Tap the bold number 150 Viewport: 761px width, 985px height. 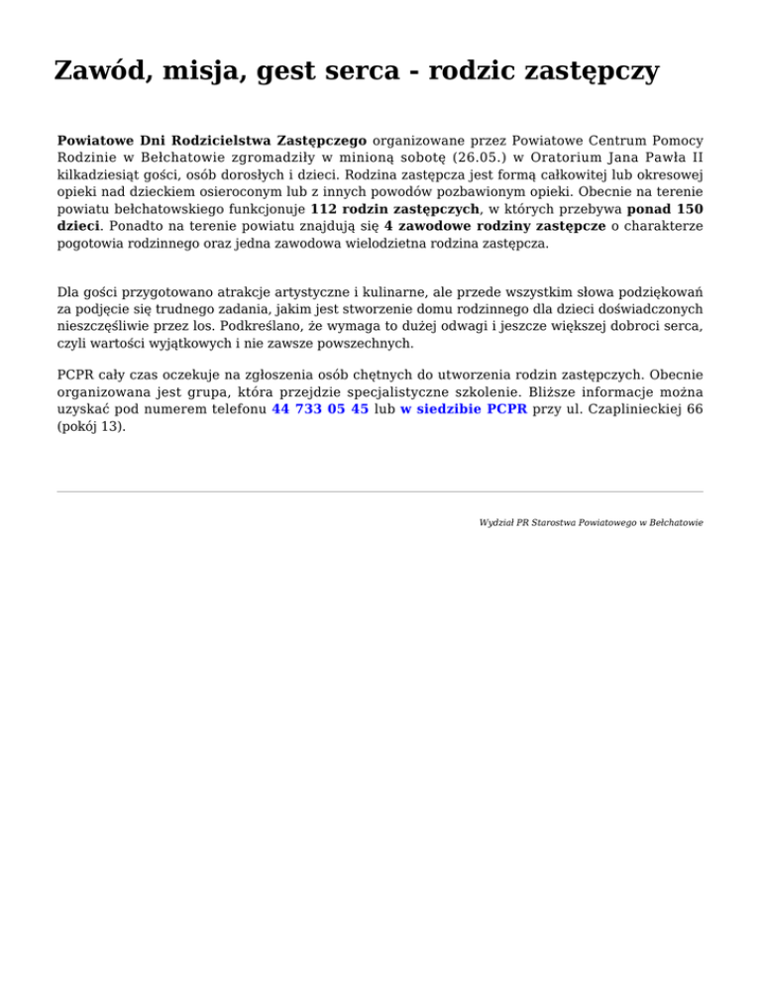[x=683, y=209]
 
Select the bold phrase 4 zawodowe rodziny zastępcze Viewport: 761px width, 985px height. [x=494, y=227]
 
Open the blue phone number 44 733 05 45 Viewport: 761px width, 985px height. [x=320, y=408]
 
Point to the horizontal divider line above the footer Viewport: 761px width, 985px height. [x=380, y=491]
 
